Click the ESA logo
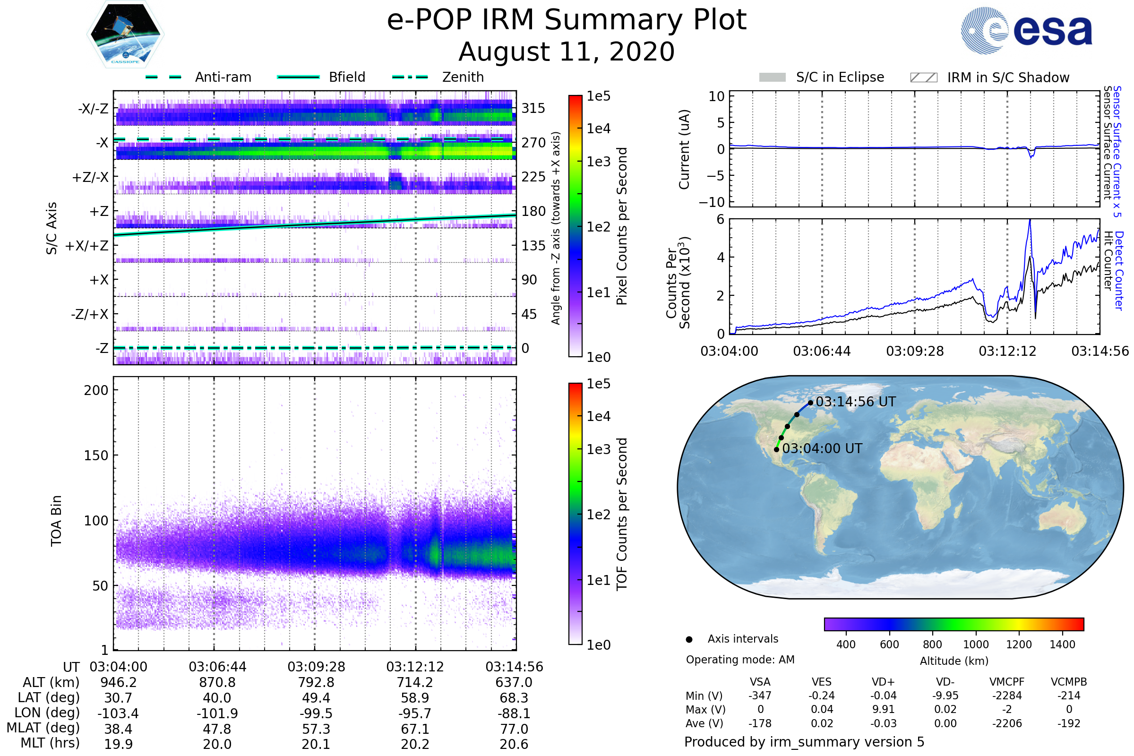point(1026,30)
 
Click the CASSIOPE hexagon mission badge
point(125,34)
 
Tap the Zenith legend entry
point(438,77)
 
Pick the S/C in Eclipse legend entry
point(822,77)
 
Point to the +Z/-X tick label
point(90,178)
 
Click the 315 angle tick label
point(533,108)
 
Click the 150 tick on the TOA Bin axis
point(96,455)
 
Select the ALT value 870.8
point(217,683)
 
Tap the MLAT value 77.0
point(514,729)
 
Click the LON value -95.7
point(415,713)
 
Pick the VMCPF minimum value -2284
point(1007,696)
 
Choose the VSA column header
point(760,682)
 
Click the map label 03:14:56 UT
point(856,402)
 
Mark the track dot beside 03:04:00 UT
point(777,450)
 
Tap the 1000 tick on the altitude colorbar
point(976,644)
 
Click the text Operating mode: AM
point(740,660)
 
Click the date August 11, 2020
point(567,52)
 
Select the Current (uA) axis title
point(684,149)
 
